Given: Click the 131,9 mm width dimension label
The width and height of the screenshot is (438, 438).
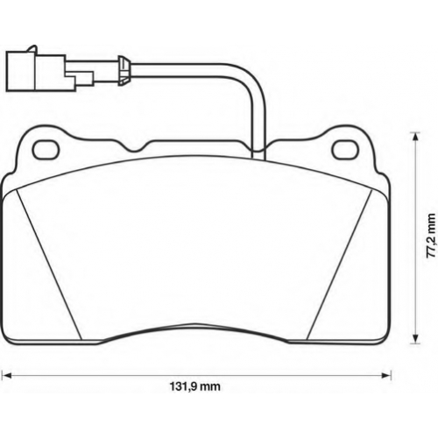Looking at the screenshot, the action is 194,386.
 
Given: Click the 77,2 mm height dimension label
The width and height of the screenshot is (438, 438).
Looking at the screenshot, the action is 430,236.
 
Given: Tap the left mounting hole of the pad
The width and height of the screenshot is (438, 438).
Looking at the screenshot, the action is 46,150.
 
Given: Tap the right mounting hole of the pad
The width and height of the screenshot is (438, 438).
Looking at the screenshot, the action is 346,150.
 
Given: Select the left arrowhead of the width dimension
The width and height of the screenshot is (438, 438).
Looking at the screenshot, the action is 6,375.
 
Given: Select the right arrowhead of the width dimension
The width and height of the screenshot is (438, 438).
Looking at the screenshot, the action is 386,375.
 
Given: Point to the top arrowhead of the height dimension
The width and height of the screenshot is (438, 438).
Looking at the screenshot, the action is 414,137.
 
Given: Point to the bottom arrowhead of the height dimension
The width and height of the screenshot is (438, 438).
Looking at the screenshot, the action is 414,340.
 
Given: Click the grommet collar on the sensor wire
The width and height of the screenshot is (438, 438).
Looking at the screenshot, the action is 124,71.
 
